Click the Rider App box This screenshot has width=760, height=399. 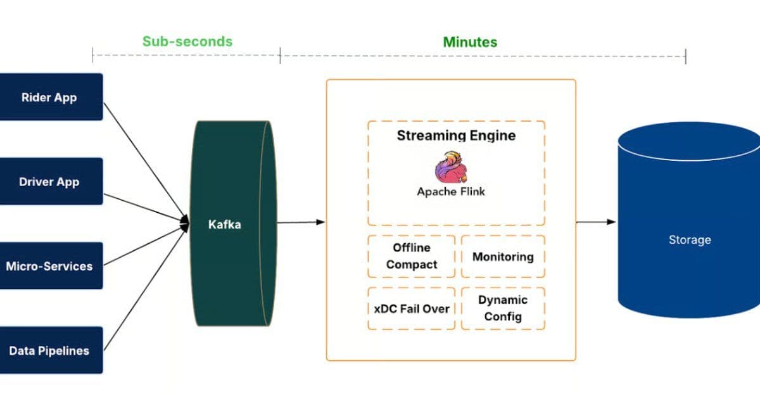pyautogui.click(x=51, y=97)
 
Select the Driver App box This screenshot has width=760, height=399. pyautogui.click(x=51, y=181)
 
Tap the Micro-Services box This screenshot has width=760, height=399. pyautogui.click(x=51, y=266)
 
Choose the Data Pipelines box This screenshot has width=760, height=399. pyautogui.click(x=51, y=350)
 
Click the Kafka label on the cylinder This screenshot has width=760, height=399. pyautogui.click(x=225, y=224)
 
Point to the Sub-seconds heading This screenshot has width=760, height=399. pyautogui.click(x=187, y=42)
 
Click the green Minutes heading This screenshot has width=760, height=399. pyautogui.click(x=470, y=42)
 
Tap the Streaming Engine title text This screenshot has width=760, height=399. pyautogui.click(x=456, y=135)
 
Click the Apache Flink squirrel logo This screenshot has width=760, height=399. pyautogui.click(x=451, y=167)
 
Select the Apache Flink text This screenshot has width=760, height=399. pyautogui.click(x=451, y=191)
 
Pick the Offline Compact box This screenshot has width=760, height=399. pyautogui.click(x=412, y=256)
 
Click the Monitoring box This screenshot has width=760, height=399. pyautogui.click(x=503, y=256)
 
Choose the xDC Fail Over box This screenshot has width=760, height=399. pyautogui.click(x=412, y=308)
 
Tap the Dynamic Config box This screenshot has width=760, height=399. pyautogui.click(x=503, y=308)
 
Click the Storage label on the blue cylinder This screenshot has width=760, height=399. pyautogui.click(x=689, y=240)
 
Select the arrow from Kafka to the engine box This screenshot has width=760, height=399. pyautogui.click(x=301, y=222)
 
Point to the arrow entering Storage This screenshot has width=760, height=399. pyautogui.click(x=595, y=222)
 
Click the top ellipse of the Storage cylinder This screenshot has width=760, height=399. pyautogui.click(x=689, y=142)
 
